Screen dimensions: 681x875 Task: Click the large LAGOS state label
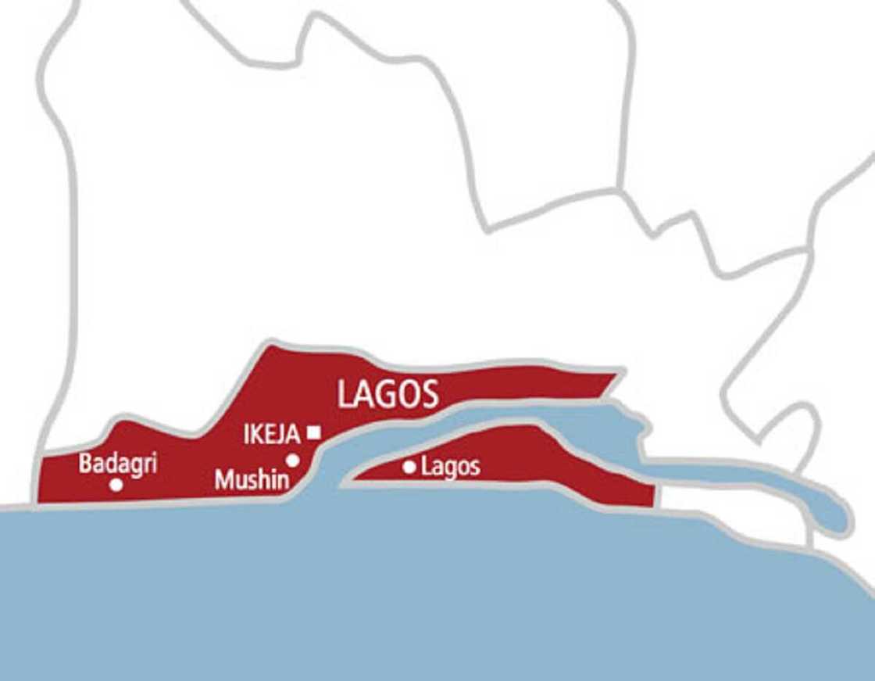(x=387, y=395)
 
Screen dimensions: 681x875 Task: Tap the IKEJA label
(x=272, y=435)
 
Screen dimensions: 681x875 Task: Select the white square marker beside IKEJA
(x=314, y=431)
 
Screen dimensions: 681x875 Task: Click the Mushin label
(x=252, y=479)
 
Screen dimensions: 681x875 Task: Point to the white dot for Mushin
(x=292, y=461)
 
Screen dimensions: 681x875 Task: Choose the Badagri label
(x=118, y=463)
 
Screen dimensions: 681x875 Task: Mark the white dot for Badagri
(x=116, y=485)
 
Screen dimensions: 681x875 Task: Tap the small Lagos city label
(x=450, y=468)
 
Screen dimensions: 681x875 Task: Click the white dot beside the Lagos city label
(x=409, y=468)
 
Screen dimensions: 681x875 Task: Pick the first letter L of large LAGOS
(x=345, y=396)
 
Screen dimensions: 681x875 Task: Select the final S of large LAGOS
(x=429, y=395)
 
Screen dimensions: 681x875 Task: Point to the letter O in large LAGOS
(x=408, y=395)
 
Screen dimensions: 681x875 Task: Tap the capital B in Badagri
(x=85, y=463)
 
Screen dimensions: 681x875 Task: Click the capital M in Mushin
(x=223, y=479)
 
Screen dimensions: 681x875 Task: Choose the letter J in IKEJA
(x=282, y=435)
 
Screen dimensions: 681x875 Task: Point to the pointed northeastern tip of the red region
(x=621, y=371)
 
